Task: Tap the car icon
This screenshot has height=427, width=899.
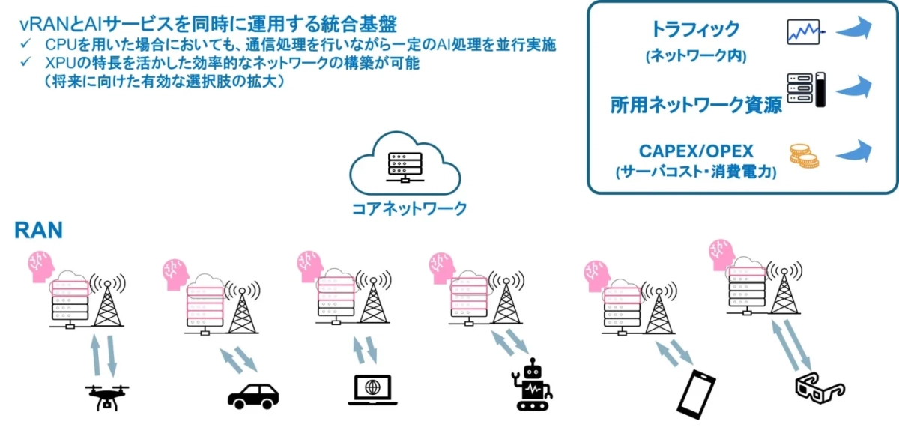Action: [252, 395]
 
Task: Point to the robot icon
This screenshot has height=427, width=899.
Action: [533, 384]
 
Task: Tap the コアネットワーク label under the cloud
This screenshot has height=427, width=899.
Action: [409, 208]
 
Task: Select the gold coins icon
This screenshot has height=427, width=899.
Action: [803, 156]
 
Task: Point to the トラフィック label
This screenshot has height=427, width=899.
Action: [696, 29]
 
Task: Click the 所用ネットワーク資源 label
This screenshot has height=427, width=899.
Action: [696, 104]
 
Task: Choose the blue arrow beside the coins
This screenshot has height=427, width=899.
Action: [855, 152]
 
